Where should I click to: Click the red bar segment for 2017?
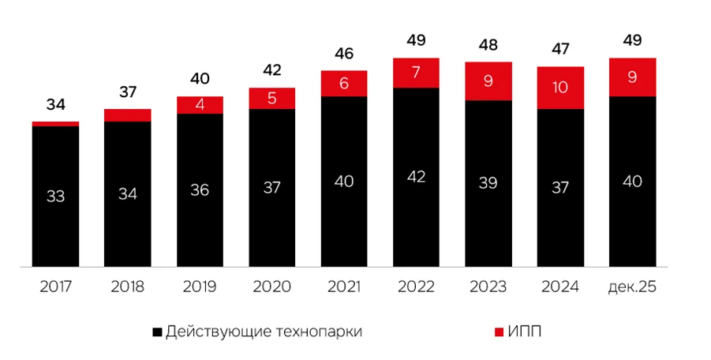[x=55, y=123]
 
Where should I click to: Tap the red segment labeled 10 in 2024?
[x=560, y=88]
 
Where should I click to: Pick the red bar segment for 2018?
[x=128, y=115]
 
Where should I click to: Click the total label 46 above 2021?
[x=344, y=54]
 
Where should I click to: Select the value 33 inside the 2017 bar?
[x=55, y=197]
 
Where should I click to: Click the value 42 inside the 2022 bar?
[x=417, y=177]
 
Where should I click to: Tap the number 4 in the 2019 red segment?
[x=200, y=106]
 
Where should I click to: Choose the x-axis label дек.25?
[x=633, y=287]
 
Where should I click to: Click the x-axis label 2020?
[x=272, y=287]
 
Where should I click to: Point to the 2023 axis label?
[x=488, y=287]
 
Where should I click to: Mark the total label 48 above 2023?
[x=488, y=46]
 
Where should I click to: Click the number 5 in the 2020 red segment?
[x=272, y=99]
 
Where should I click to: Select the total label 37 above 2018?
[x=128, y=92]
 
